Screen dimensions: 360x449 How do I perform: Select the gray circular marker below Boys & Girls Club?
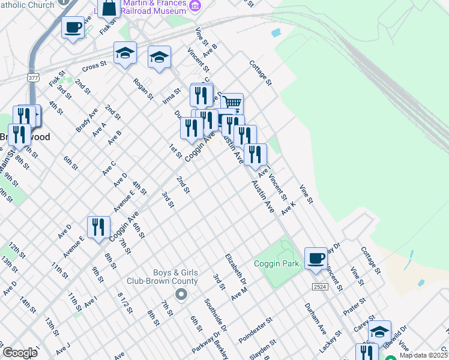coord(181,294)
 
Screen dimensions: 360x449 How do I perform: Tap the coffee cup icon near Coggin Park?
coord(316,259)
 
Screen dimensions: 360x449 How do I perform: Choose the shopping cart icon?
coord(232,104)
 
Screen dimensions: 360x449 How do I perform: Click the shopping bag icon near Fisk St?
coord(109,8)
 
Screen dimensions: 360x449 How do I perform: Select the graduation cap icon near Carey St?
coord(379,332)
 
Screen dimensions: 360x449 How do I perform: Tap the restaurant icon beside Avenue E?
coord(98,227)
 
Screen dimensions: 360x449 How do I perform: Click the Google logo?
coord(20,353)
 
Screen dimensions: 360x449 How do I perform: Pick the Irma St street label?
coord(172,96)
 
